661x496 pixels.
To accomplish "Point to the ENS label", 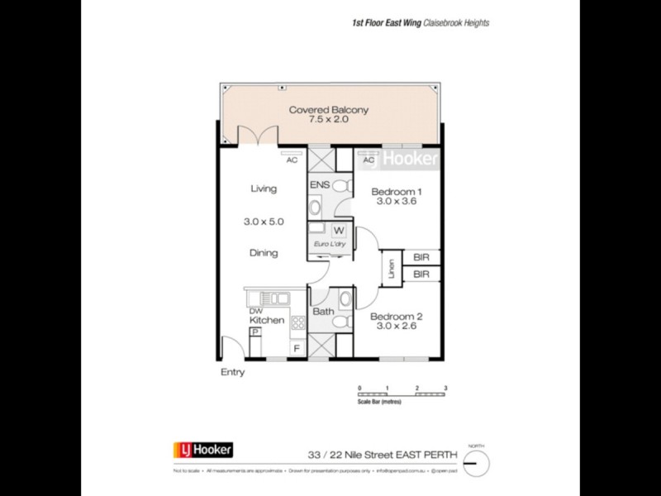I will coord(318,186).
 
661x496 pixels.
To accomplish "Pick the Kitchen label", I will coord(267,320).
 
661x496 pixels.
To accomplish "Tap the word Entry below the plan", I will coord(232,372).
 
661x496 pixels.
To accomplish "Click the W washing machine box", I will coord(339,231).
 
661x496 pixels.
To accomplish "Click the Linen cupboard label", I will coord(392,268).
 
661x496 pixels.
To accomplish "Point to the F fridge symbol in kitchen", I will coord(296,349).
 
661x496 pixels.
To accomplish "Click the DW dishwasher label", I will coord(255,311).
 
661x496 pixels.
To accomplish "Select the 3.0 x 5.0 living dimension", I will coord(264,222).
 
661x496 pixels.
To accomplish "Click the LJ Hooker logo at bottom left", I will coord(202,450).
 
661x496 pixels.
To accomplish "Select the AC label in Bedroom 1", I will coord(368,160).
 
